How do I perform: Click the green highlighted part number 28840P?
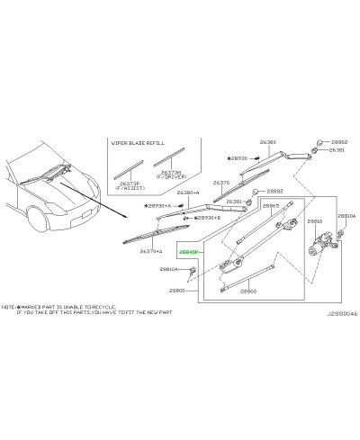[188, 253]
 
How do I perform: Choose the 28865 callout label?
[271, 205]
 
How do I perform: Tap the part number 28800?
[177, 292]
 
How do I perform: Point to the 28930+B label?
[205, 218]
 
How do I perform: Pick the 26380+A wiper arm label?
[187, 193]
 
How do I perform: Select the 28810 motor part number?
[315, 220]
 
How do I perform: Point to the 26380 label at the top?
[268, 142]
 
